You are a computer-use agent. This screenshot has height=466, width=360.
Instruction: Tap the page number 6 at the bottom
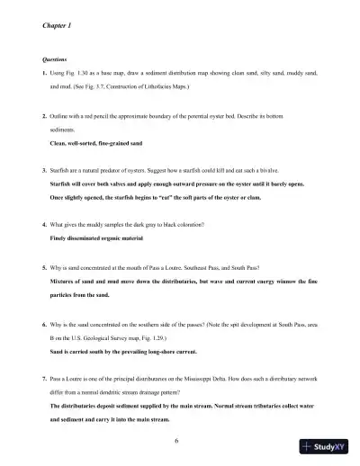pyautogui.click(x=180, y=440)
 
